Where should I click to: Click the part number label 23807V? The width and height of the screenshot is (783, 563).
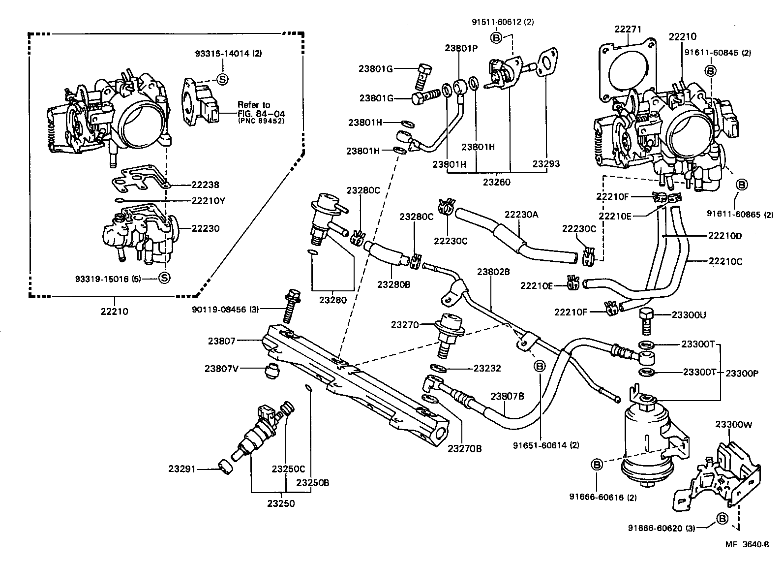point(222,368)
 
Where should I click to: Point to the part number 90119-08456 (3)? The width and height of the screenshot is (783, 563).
point(225,309)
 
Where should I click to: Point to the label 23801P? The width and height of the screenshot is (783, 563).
point(460,48)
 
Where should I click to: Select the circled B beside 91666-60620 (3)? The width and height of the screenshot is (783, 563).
point(722,519)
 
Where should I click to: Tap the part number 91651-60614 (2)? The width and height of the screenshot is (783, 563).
point(546,445)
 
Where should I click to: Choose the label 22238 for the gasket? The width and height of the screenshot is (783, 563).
point(206,185)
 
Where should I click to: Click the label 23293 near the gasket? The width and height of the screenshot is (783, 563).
point(546,164)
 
